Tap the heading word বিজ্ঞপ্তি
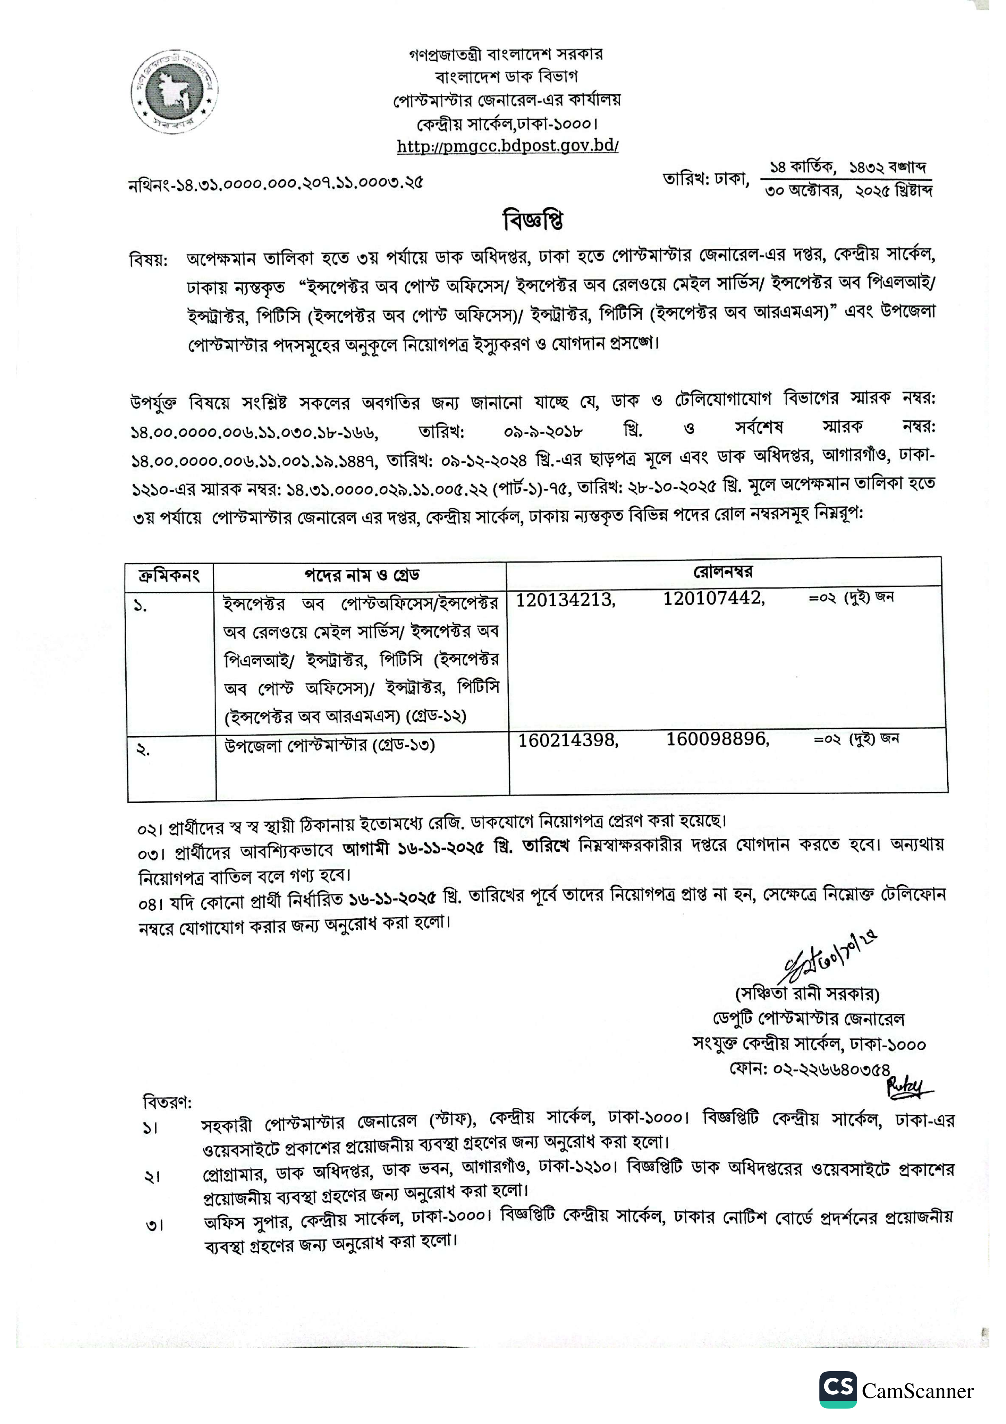pos(533,220)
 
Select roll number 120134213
pos(565,600)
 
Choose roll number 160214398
pos(568,740)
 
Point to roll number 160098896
pos(718,739)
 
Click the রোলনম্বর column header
pos(723,572)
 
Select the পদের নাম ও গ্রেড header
pos(361,575)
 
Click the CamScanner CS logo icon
pos(838,1389)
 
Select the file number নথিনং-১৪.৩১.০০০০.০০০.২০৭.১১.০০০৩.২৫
pos(276,183)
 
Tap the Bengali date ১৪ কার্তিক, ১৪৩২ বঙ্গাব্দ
pos(847,168)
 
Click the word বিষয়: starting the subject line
pos(149,259)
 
